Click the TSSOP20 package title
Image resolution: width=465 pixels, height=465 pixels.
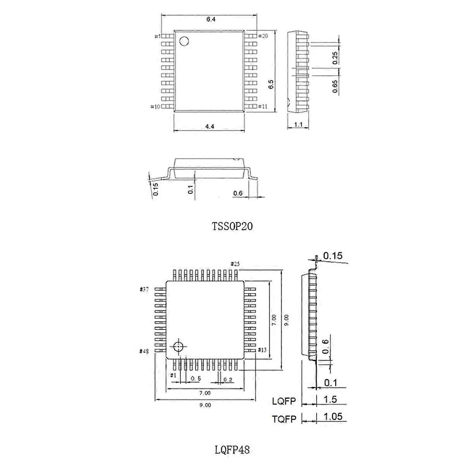tap(232, 226)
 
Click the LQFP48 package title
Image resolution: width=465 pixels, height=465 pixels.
tap(232, 449)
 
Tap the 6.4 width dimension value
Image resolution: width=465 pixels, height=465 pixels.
tap(211, 19)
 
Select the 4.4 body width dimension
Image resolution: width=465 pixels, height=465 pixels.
tap(210, 126)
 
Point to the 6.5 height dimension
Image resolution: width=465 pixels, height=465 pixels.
tap(271, 84)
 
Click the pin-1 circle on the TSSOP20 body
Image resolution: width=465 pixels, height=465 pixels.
tap(184, 41)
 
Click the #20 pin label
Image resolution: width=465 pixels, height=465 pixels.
tap(263, 36)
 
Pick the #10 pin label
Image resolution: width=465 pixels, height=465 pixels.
tap(155, 107)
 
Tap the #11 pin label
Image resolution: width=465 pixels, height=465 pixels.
tap(263, 107)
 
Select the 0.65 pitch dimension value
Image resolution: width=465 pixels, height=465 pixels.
tap(335, 86)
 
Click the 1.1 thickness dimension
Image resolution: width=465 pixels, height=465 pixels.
tap(298, 124)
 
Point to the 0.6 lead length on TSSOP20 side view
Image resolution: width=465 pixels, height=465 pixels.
tap(238, 193)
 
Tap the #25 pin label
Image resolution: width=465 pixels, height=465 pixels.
tap(235, 264)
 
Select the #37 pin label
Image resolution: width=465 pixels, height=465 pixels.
tap(144, 289)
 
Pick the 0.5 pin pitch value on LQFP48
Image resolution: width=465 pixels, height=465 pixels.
tap(196, 378)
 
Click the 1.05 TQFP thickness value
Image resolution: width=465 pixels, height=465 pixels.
tap(333, 416)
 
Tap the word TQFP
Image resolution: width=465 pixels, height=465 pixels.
tap(284, 419)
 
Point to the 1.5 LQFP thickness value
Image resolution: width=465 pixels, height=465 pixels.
tap(330, 400)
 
